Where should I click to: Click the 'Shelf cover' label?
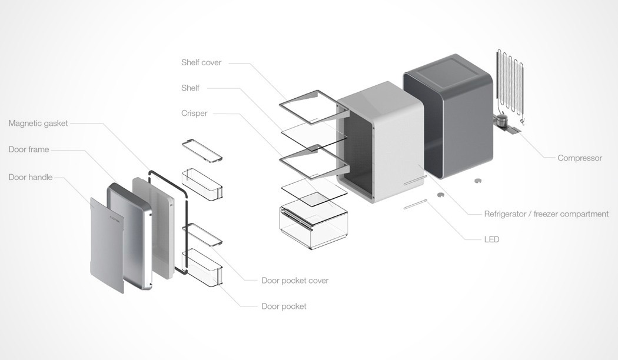[201, 62]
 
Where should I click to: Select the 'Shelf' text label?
[190, 88]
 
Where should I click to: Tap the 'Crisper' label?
[194, 113]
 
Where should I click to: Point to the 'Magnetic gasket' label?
[38, 124]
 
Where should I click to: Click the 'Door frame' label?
[29, 149]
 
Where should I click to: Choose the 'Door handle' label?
[31, 177]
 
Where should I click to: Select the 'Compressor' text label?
[580, 158]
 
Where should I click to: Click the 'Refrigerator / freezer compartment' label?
[546, 214]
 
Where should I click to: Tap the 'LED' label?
[491, 239]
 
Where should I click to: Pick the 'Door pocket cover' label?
[295, 281]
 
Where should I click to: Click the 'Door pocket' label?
[284, 306]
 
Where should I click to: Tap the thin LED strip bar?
[415, 204]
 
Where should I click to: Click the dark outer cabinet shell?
[459, 118]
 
